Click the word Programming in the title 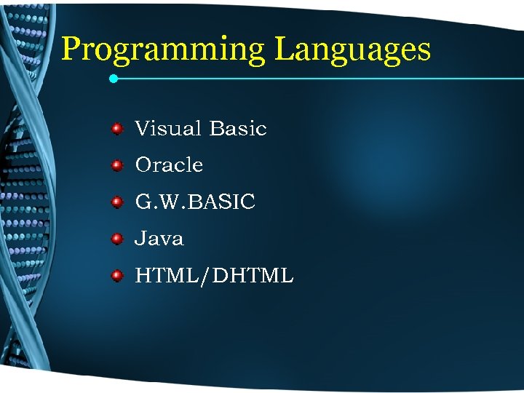[x=163, y=49]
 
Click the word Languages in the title [x=353, y=49]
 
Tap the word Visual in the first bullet [x=168, y=129]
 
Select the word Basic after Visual [x=238, y=129]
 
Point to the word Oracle [x=169, y=165]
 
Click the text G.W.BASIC [x=195, y=202]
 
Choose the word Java [x=159, y=239]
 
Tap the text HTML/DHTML [x=214, y=275]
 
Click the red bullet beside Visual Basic [x=116, y=129]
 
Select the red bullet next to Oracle [x=116, y=165]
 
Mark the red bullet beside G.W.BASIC [x=116, y=202]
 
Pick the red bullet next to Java [x=116, y=238]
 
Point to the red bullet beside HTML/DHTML [x=116, y=275]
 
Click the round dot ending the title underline [x=114, y=78]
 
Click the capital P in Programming [x=71, y=49]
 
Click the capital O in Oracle [x=143, y=165]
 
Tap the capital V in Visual [x=143, y=129]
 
